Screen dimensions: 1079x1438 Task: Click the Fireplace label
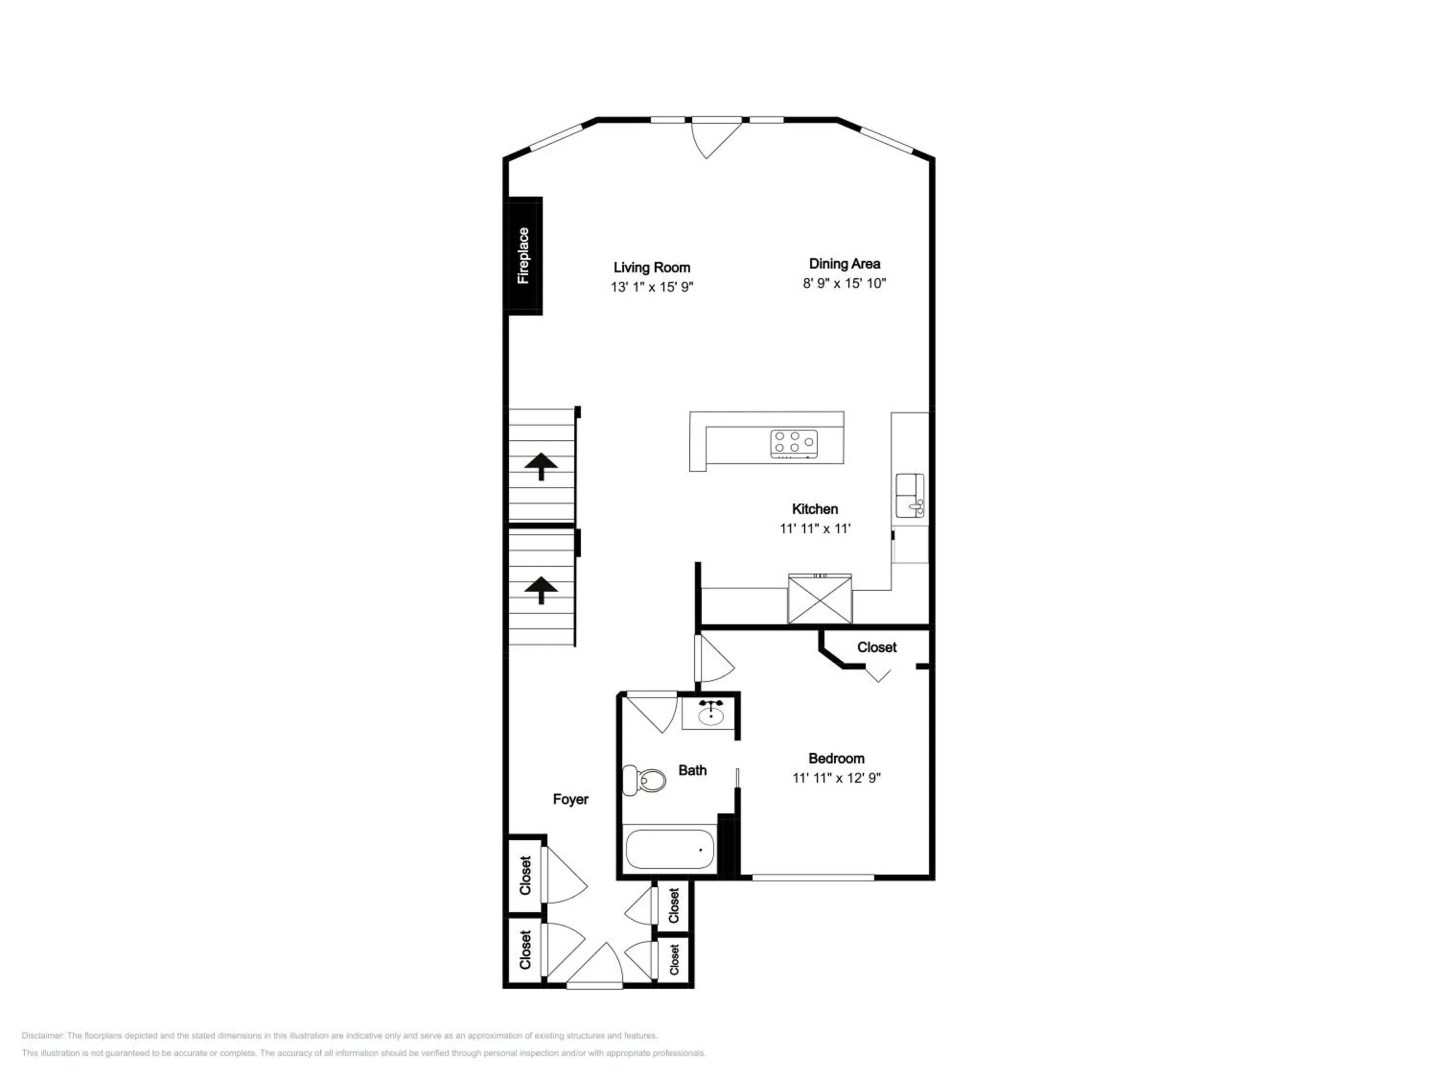(523, 256)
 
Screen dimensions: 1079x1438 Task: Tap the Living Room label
(651, 267)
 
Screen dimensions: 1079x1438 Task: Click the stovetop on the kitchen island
(794, 444)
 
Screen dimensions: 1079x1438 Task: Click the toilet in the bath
(644, 780)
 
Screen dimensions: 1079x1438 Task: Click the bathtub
(670, 849)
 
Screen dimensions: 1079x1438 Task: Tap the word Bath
(692, 770)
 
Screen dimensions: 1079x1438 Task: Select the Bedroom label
(836, 758)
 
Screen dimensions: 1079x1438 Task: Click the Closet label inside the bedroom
(876, 647)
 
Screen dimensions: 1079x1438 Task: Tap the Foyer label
(570, 799)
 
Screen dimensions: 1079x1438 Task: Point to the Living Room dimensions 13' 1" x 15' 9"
(651, 287)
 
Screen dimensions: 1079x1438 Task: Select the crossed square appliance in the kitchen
(819, 598)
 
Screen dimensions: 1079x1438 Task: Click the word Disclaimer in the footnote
(42, 1035)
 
